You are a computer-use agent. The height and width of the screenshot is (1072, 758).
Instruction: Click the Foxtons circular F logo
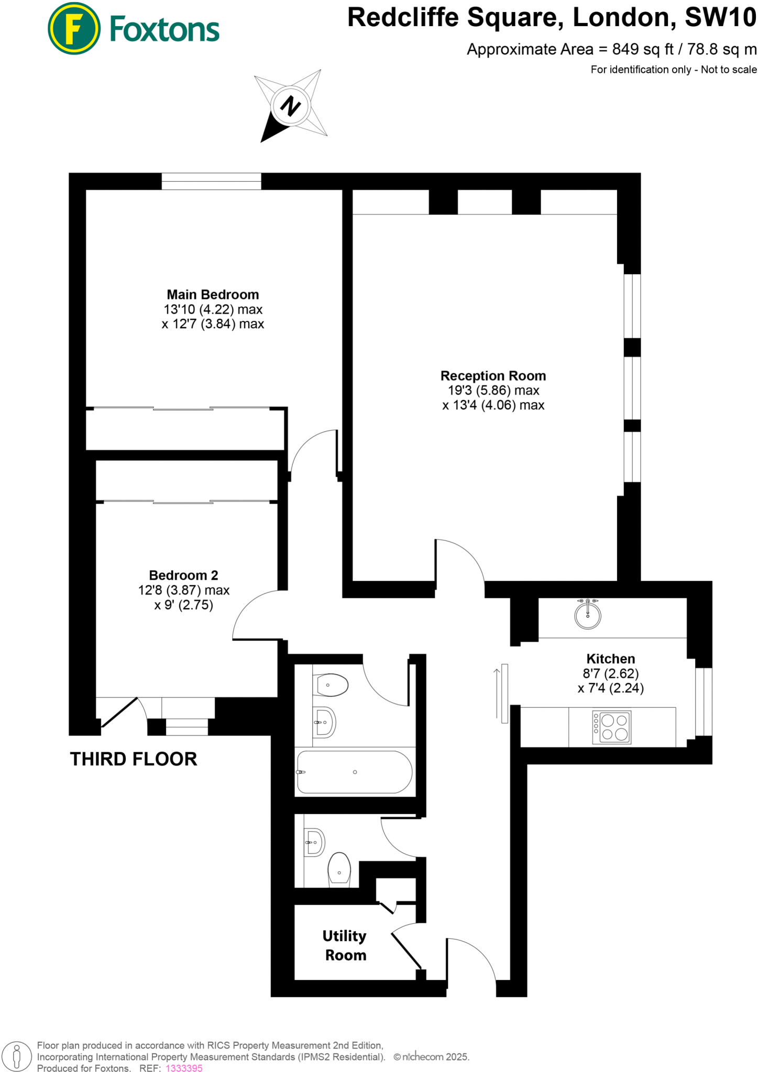tap(73, 28)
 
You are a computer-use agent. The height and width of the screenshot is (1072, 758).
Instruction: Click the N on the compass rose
tap(290, 106)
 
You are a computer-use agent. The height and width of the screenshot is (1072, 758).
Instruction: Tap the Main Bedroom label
tap(213, 295)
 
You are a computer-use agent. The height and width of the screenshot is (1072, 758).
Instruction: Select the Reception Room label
tap(493, 376)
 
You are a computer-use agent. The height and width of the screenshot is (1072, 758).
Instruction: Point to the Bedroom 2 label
tap(183, 575)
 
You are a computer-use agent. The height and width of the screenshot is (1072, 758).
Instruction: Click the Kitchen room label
tap(610, 659)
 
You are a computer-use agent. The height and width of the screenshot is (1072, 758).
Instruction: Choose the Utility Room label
tap(345, 945)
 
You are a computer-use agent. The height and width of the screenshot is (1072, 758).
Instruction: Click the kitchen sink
tap(587, 614)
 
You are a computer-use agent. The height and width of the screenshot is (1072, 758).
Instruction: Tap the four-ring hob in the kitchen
tap(611, 727)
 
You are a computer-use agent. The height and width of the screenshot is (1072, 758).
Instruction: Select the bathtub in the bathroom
tap(355, 772)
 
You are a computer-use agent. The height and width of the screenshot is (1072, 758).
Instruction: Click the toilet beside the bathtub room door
tap(331, 685)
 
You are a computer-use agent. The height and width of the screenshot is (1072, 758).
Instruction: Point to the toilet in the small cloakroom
tap(339, 869)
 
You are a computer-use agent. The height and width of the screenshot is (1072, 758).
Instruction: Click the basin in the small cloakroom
tap(315, 842)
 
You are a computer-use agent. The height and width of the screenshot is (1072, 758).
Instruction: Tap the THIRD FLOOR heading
tap(134, 759)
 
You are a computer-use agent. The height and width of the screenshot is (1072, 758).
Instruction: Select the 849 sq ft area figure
tap(643, 49)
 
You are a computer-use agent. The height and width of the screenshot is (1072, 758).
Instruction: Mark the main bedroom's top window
tap(211, 181)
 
